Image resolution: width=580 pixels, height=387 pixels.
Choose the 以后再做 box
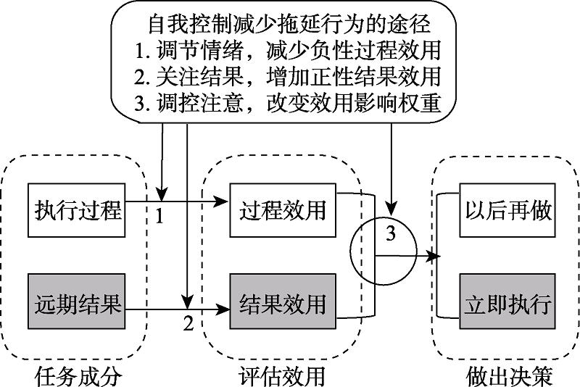coord(507,211)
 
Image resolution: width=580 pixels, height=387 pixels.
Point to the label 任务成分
coord(78,376)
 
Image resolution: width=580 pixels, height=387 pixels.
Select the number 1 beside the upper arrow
coord(164,216)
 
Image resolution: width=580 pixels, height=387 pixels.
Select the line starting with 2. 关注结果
coord(288,77)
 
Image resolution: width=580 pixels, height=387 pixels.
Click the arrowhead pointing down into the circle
coord(391,209)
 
